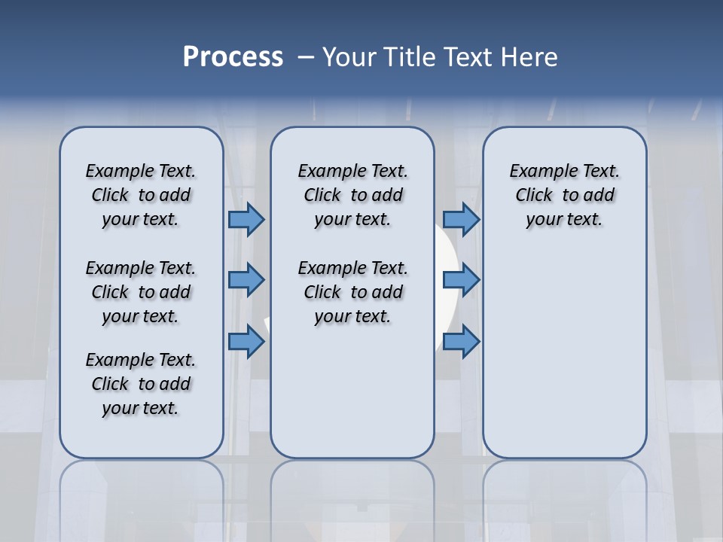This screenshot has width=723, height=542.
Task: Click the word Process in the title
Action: (x=233, y=57)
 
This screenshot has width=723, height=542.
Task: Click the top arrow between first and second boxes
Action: (x=246, y=219)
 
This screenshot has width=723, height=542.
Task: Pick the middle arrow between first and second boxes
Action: (x=246, y=280)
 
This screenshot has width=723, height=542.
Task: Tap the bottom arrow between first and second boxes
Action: (x=246, y=342)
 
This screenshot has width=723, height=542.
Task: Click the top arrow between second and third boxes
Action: (x=461, y=219)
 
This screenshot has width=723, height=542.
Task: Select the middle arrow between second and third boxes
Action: (x=461, y=280)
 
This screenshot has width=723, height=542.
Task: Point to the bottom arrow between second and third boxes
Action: (x=461, y=342)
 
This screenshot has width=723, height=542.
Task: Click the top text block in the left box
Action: (x=141, y=195)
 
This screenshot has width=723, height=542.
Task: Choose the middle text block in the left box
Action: (x=141, y=292)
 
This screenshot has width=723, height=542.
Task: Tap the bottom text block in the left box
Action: (x=141, y=384)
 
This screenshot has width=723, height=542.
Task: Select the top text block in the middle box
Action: (x=352, y=195)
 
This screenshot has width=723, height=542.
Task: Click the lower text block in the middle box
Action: (x=352, y=292)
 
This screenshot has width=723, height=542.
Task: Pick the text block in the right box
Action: (x=564, y=195)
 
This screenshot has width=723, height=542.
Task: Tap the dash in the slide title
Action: (x=307, y=57)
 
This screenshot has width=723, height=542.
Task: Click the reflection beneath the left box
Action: (x=142, y=497)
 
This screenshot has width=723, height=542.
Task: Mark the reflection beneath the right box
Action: (x=564, y=497)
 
